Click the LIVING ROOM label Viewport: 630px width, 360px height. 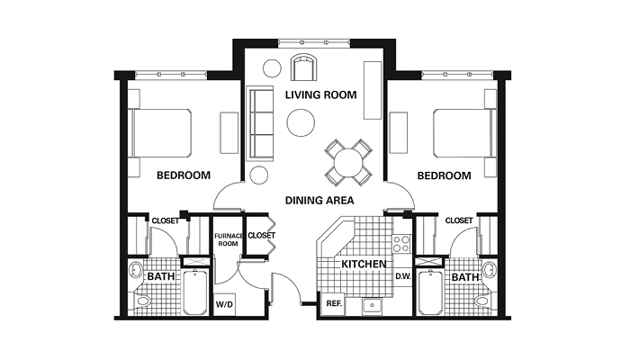pos(320,95)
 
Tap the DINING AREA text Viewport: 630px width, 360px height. pos(319,201)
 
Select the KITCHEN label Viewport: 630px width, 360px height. pos(364,264)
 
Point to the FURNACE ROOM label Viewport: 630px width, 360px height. pos(229,240)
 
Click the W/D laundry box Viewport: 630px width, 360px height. pos(224,304)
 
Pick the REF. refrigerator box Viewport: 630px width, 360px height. pos(334,304)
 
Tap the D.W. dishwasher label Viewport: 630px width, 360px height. pos(402,276)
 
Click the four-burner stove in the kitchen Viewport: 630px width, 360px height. pos(401,244)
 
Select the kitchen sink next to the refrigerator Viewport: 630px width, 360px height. pos(372,307)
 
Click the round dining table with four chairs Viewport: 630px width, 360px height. pos(348,163)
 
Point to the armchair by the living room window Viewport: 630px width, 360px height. pos(304,67)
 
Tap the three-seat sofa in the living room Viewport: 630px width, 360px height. pos(261,124)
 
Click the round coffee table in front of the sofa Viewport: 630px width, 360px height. pos(301,123)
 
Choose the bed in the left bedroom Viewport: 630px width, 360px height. pos(160,132)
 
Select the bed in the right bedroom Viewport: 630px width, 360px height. pos(464,132)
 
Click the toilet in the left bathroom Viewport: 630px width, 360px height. pos(143,301)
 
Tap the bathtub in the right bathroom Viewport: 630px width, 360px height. pos(430,292)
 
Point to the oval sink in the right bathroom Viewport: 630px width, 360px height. pos(489,270)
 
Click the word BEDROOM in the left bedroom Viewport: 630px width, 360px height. pos(184,175)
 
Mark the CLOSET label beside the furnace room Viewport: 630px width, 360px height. pos(262,236)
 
